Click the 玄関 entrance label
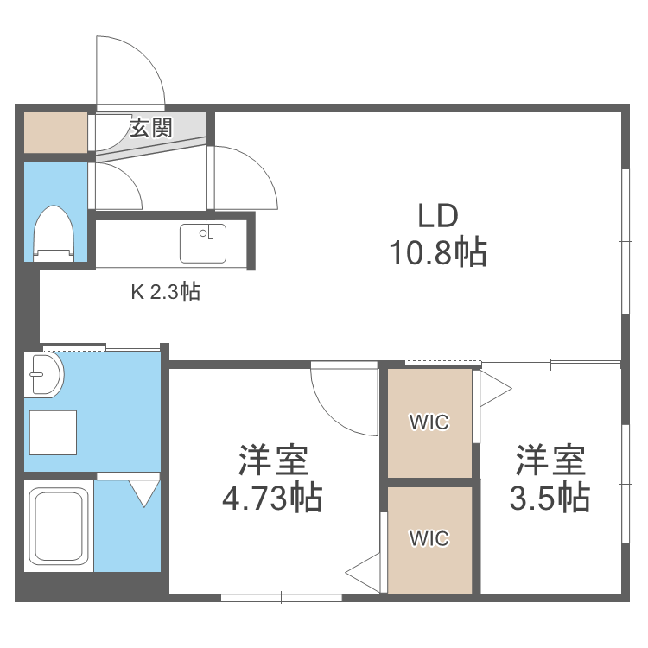pyautogui.click(x=151, y=129)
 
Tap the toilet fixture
pyautogui.click(x=54, y=232)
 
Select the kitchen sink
pyautogui.click(x=203, y=243)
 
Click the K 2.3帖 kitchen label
pyautogui.click(x=165, y=292)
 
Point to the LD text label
pyautogui.click(x=436, y=216)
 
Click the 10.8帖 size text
pyautogui.click(x=436, y=252)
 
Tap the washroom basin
pyautogui.click(x=43, y=375)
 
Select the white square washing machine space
pyautogui.click(x=54, y=432)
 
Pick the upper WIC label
pyautogui.click(x=429, y=422)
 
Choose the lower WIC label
pyautogui.click(x=429, y=539)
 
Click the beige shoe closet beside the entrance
pyautogui.click(x=55, y=131)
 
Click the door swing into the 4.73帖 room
pyautogui.click(x=342, y=397)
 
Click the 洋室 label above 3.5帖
pyautogui.click(x=550, y=460)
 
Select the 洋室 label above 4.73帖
pyautogui.click(x=272, y=460)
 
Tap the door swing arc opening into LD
pyautogui.click(x=245, y=178)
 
